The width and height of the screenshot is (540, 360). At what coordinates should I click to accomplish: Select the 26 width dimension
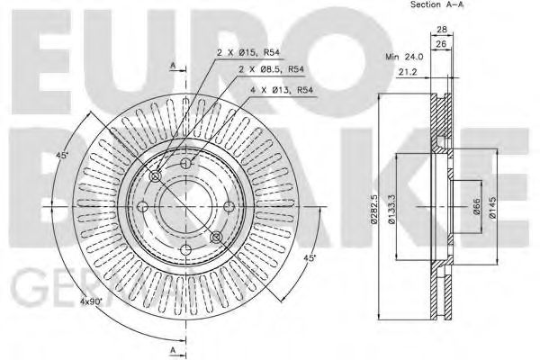440,43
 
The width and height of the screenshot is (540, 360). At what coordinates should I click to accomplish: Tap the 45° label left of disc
62,156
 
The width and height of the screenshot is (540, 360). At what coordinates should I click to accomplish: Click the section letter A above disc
172,66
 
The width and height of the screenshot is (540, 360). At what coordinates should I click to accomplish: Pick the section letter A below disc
172,349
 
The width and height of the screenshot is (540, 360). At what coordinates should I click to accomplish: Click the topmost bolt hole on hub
185,163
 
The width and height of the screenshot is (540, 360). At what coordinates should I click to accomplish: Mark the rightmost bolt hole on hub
216,237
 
